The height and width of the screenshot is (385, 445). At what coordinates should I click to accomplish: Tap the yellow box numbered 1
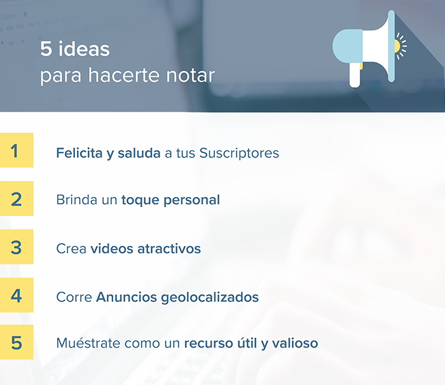[x=17, y=151]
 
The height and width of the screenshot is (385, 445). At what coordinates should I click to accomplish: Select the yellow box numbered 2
[x=17, y=199]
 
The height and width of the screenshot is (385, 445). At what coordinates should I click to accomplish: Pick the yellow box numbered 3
[x=17, y=247]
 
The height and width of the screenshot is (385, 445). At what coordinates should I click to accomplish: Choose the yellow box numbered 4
[x=17, y=295]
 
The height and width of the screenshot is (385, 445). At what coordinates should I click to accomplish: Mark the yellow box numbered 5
[x=17, y=343]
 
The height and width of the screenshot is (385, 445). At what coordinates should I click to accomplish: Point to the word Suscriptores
[x=239, y=153]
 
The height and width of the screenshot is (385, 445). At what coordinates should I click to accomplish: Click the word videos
[x=111, y=248]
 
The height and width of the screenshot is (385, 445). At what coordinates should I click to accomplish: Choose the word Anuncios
[x=124, y=297]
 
